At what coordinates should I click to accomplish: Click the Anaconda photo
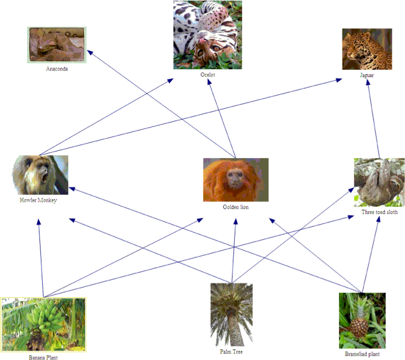pos(57,45)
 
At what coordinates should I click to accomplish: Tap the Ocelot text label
pos(208,75)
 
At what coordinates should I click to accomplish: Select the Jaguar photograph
pos(367,49)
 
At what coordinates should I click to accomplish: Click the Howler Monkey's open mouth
pos(45,178)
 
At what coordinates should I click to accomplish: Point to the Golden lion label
pos(235,207)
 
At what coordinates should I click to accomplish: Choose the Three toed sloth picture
pos(379,182)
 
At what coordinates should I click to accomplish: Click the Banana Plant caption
pos(43,357)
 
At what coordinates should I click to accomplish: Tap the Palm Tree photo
pos(232,315)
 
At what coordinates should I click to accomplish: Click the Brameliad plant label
pos(362,354)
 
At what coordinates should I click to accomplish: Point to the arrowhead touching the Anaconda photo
pos(90,52)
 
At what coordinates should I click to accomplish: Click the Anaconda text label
pos(57,69)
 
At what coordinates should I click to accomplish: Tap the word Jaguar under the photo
pos(367,75)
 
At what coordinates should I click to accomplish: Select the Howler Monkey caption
pos(38,200)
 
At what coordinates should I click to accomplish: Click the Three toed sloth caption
pos(380,212)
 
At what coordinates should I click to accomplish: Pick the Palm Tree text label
pos(231,352)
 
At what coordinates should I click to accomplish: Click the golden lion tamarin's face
pos(234,179)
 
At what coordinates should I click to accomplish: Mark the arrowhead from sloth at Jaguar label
pos(368,82)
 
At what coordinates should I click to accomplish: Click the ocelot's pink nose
pos(203,41)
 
